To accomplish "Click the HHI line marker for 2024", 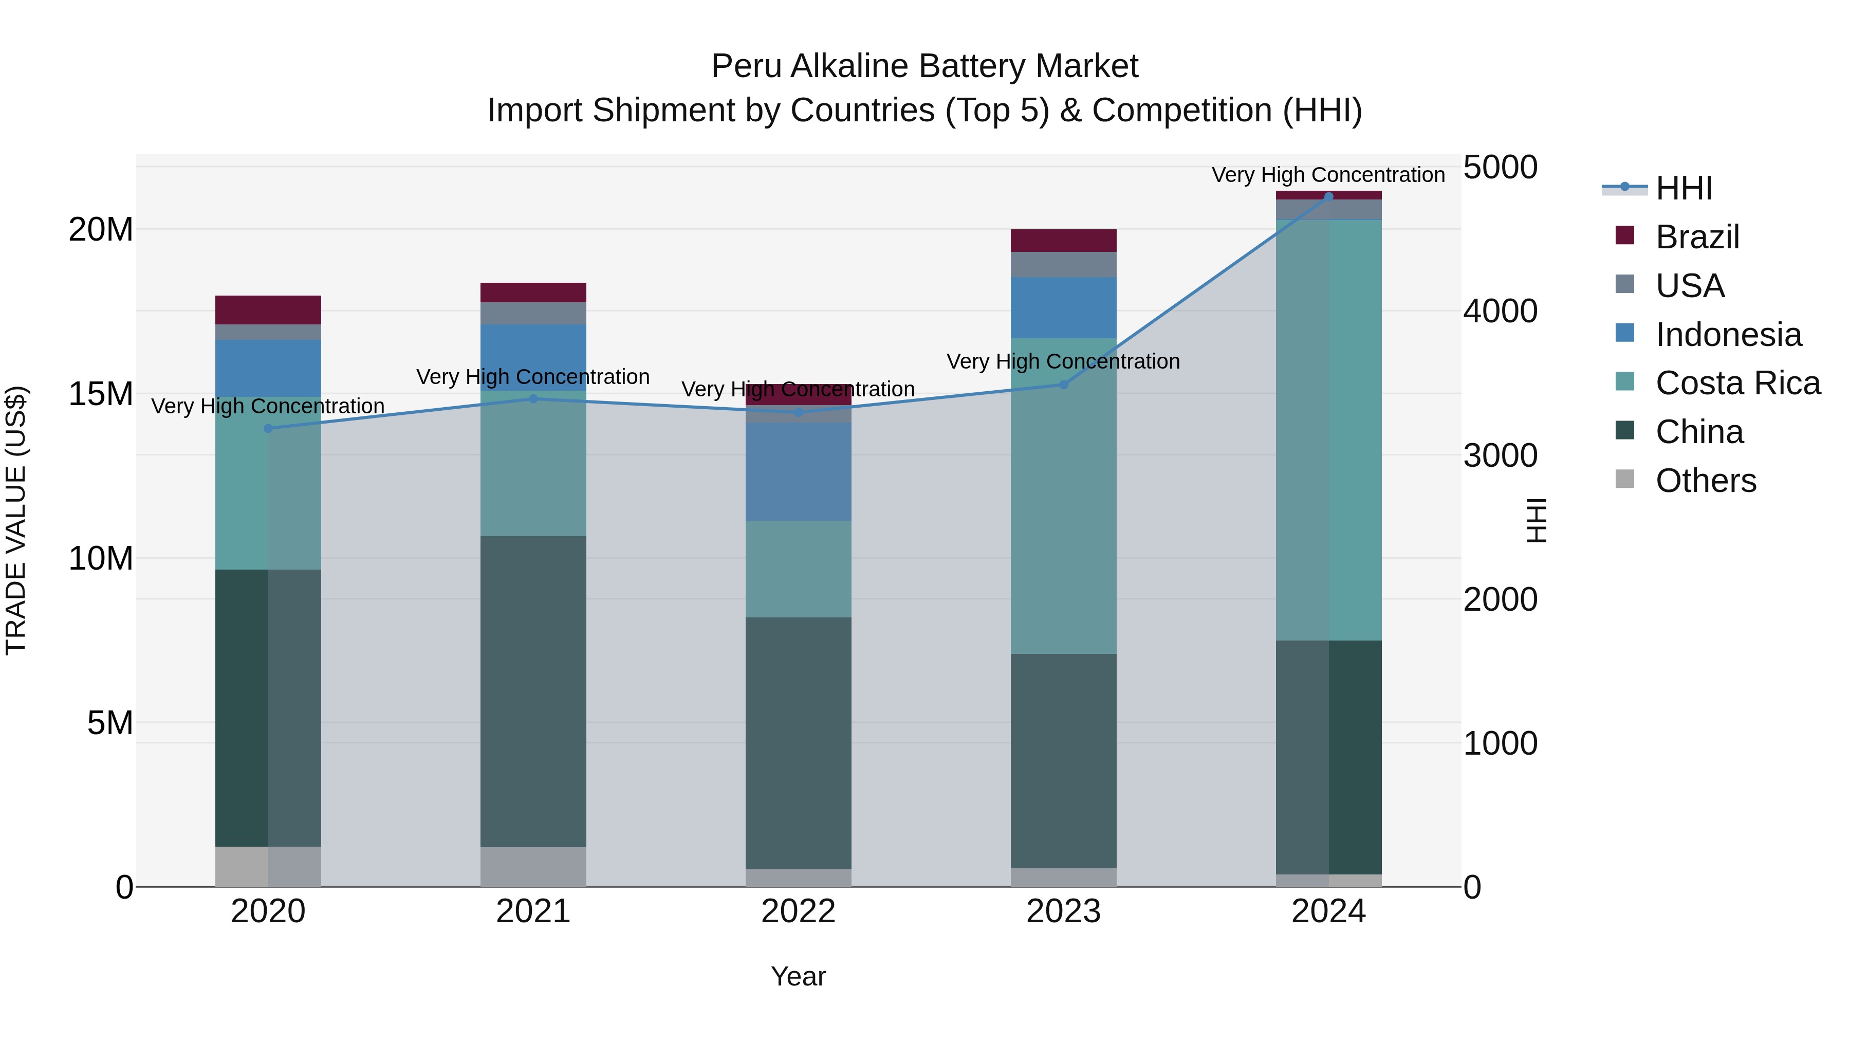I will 1328,196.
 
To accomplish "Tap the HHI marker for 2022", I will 798,412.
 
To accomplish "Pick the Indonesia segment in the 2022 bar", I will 798,471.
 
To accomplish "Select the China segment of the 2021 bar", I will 533,691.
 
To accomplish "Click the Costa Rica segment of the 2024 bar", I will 1328,430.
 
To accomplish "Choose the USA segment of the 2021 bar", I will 533,313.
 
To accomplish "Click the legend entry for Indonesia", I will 1728,335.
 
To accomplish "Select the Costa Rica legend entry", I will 1737,383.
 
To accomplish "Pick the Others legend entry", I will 1705,481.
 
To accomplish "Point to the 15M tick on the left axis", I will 101,394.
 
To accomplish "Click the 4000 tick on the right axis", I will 1500,311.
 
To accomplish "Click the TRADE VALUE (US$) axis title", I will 16,520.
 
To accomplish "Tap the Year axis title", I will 798,976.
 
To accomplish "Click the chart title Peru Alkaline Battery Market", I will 924,66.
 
